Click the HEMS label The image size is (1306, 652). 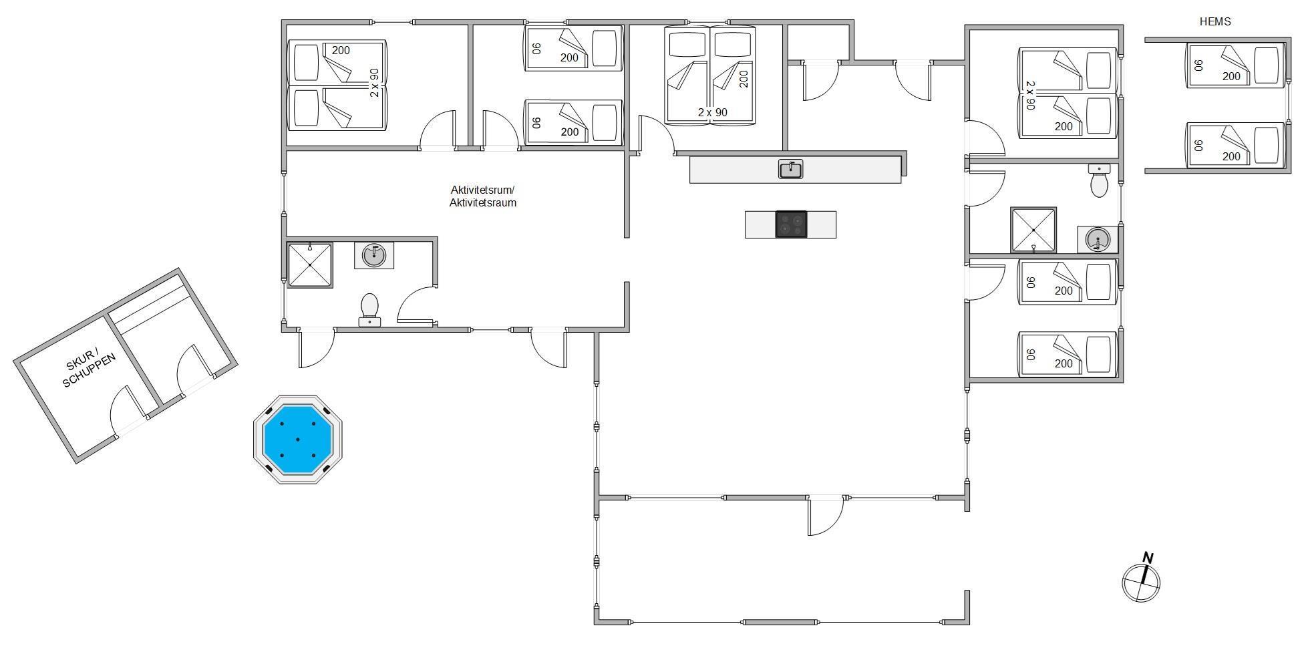pyautogui.click(x=1214, y=21)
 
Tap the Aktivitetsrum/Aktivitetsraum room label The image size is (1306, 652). pyautogui.click(x=482, y=196)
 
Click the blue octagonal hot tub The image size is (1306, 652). pyautogui.click(x=297, y=439)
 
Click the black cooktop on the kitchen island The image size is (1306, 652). pyautogui.click(x=791, y=224)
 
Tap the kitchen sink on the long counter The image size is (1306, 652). pyautogui.click(x=790, y=169)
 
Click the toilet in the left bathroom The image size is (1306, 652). pyautogui.click(x=369, y=311)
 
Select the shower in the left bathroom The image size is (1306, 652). pyautogui.click(x=310, y=265)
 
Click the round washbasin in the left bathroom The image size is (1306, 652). pyautogui.click(x=374, y=255)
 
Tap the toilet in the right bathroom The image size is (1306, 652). pyautogui.click(x=1099, y=180)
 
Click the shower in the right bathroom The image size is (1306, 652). pyautogui.click(x=1033, y=230)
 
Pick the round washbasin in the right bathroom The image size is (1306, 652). pyautogui.click(x=1097, y=240)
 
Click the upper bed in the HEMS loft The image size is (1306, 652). pyautogui.click(x=1235, y=65)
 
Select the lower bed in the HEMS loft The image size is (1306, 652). pyautogui.click(x=1235, y=145)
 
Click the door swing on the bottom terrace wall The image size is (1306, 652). pyautogui.click(x=826, y=516)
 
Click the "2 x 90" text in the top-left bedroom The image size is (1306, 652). pyautogui.click(x=375, y=83)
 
